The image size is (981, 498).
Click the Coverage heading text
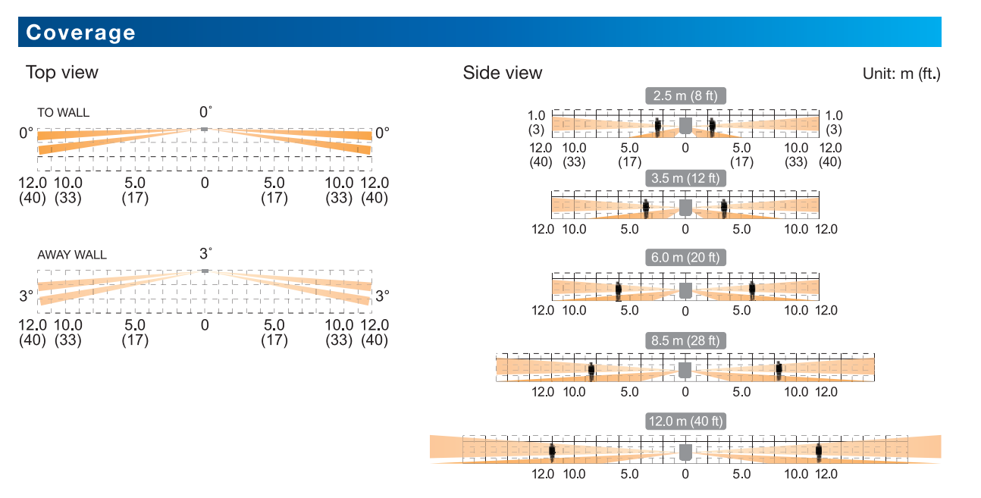point(80,33)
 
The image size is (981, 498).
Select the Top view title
point(62,72)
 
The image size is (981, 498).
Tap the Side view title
point(503,73)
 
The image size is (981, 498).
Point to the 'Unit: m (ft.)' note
point(901,74)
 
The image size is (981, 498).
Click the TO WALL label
point(64,113)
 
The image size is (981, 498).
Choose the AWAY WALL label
point(72,255)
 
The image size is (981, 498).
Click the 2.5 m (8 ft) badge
point(685,96)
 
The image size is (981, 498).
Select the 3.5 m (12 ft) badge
point(685,178)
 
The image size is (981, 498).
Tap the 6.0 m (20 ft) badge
point(685,257)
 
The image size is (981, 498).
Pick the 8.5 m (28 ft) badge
point(685,340)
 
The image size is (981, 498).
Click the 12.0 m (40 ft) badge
point(685,421)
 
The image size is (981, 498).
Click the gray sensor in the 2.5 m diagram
point(685,126)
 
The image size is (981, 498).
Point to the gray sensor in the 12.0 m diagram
point(685,453)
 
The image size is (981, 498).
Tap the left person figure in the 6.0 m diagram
point(619,290)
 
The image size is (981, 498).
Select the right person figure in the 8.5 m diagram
point(779,370)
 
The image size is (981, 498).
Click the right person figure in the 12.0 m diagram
point(819,452)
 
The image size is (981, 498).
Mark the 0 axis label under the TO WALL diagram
point(205,183)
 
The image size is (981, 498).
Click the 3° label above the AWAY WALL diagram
point(205,253)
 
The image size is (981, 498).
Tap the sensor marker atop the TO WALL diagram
point(204,129)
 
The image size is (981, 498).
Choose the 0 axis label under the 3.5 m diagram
point(685,229)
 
